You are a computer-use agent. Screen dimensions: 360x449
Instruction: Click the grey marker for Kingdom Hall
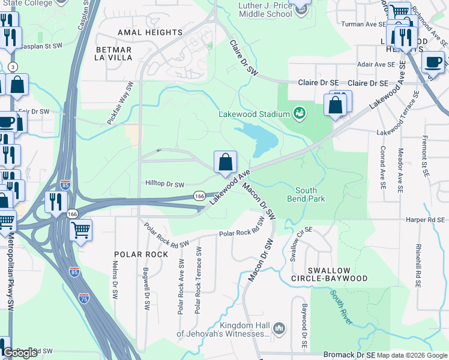coord(279,328)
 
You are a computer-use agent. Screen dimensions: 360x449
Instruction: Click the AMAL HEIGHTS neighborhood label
coord(143,32)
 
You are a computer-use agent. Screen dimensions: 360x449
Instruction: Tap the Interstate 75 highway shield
coord(84,298)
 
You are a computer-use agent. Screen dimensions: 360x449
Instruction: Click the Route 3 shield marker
coord(13,66)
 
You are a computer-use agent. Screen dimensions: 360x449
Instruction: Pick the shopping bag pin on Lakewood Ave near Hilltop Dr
coord(225,163)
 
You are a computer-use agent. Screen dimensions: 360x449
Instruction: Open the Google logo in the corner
coord(19,353)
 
